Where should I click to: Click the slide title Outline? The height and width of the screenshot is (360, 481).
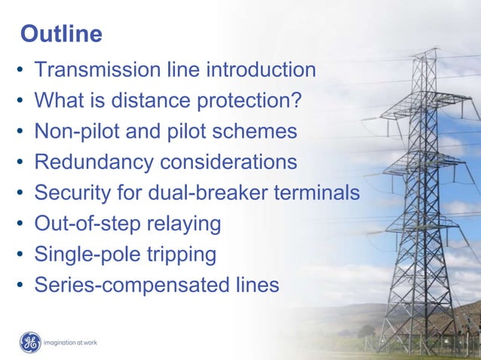[x=61, y=34]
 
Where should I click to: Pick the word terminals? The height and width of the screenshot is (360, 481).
[x=317, y=193]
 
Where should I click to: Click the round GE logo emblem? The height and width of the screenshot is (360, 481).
[x=30, y=343]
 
